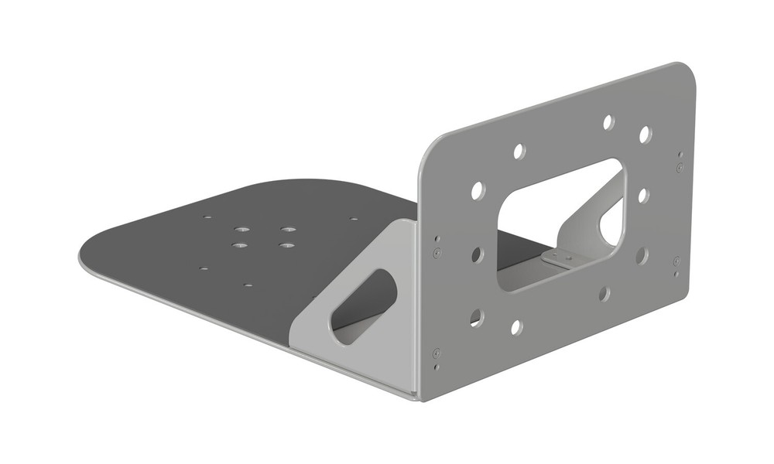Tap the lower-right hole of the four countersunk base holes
point(287,245)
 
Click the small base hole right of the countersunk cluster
point(354,219)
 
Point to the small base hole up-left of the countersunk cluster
point(207,217)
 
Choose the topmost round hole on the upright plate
point(608,122)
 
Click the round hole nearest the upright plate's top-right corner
point(645,135)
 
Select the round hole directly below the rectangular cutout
point(604,293)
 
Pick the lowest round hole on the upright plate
point(516,327)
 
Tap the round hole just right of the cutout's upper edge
point(643,196)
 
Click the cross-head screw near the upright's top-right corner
point(680,167)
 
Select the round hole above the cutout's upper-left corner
point(519,151)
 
